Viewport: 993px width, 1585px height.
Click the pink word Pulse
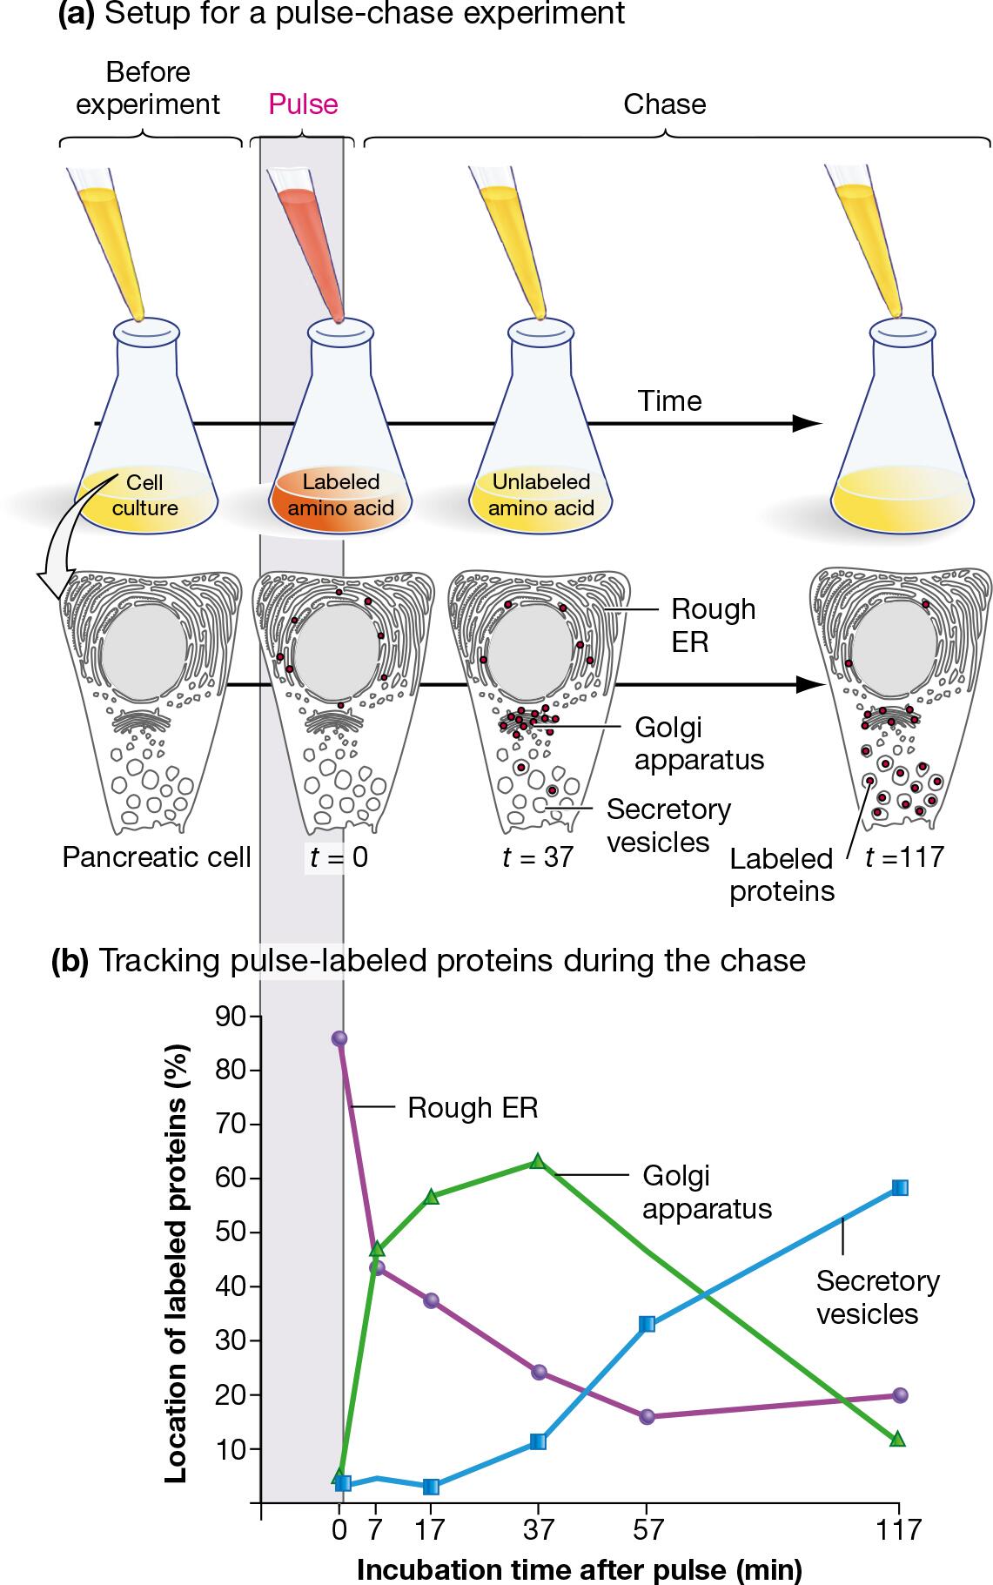tap(303, 104)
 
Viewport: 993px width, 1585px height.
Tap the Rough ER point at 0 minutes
tap(339, 1038)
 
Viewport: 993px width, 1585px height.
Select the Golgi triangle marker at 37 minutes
tap(538, 1160)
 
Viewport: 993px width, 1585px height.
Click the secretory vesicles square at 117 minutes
tap(900, 1188)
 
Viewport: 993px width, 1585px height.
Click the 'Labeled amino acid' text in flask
tap(341, 494)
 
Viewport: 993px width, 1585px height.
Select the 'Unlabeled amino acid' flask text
tap(540, 494)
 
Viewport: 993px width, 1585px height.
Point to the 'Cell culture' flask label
tap(144, 494)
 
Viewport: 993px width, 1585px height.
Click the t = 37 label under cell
tap(538, 857)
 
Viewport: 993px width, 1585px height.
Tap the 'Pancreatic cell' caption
tap(157, 857)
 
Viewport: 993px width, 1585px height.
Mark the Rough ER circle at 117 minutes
tap(900, 1395)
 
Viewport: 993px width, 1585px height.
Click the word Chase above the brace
tap(665, 104)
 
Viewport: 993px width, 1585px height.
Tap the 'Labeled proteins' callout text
tap(782, 875)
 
